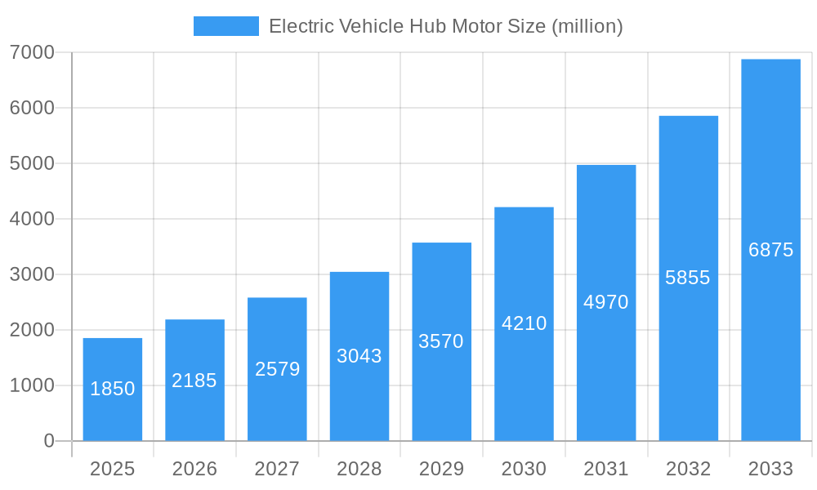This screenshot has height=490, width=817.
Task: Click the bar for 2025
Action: point(113,390)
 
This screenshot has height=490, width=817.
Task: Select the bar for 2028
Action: point(359,356)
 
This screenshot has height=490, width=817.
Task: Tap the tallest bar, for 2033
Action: point(770,250)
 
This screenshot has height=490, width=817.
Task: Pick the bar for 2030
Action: point(524,323)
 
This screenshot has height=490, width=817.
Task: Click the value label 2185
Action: point(194,381)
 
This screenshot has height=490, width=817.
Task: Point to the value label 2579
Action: point(277,369)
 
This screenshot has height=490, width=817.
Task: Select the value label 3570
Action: point(441,341)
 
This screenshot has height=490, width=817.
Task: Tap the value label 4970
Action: point(606,302)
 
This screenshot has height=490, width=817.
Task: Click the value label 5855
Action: point(688,278)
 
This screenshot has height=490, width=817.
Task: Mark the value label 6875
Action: point(770,250)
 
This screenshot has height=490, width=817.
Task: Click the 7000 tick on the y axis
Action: point(32,52)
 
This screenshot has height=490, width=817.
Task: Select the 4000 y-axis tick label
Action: point(32,219)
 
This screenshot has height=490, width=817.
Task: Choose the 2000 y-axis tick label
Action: point(32,330)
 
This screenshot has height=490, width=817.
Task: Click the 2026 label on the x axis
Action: point(194,469)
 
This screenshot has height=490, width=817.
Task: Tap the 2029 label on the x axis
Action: point(441,469)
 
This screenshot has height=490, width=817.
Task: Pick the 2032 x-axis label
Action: point(688,469)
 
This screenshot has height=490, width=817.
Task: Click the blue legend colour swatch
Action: point(225,26)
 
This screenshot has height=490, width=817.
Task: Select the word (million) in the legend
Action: point(587,26)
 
